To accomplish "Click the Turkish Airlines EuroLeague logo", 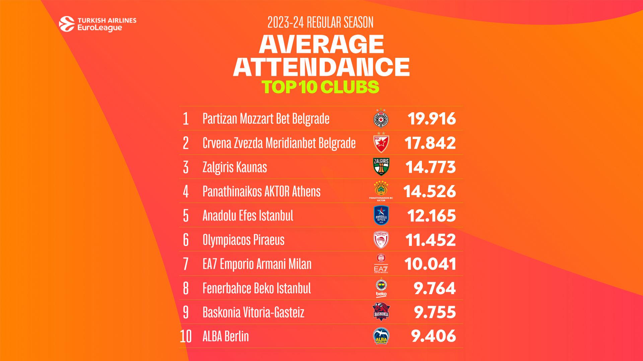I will [97, 24].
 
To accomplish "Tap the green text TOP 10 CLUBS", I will [320, 87].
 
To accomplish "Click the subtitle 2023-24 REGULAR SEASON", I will [320, 23].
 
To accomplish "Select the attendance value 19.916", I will [432, 119].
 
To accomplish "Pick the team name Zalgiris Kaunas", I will [235, 167].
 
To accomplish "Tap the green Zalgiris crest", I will [381, 167].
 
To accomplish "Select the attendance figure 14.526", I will [430, 192].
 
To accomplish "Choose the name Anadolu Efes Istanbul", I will [248, 216].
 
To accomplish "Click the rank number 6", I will [186, 240].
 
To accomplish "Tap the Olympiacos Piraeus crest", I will [381, 240].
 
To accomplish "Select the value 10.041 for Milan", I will [430, 264].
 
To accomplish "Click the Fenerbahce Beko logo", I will [381, 288].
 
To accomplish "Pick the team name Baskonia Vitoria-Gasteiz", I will [254, 313].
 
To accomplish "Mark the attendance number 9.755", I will [435, 313].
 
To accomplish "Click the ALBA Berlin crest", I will [381, 336].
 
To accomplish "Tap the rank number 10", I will [186, 337].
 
